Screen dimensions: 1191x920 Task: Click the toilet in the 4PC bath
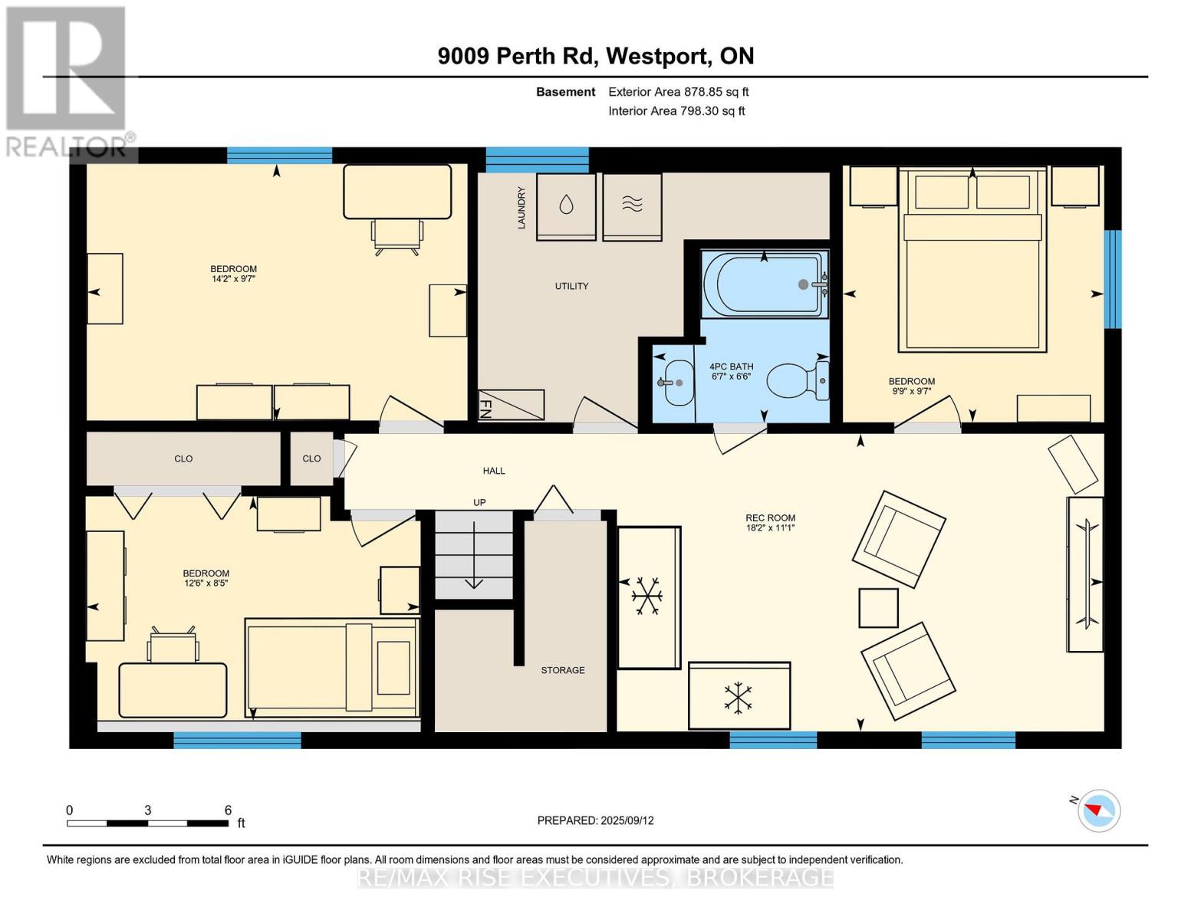(798, 380)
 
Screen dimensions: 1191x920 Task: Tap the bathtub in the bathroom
(765, 284)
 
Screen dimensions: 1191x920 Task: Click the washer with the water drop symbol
(566, 206)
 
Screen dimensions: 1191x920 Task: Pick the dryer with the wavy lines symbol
(632, 206)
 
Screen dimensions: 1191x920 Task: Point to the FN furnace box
(511, 405)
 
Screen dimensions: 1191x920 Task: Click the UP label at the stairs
(479, 502)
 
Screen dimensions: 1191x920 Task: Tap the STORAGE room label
(563, 670)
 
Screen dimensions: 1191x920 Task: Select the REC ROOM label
(770, 517)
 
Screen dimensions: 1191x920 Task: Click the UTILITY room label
(571, 286)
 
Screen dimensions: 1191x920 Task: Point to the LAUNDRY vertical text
(521, 208)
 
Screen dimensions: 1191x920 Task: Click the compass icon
(1099, 811)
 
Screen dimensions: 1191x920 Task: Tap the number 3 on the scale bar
(147, 810)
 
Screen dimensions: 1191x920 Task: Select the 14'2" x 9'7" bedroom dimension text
(233, 279)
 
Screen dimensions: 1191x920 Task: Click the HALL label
(494, 471)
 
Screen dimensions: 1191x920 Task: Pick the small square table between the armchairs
(879, 608)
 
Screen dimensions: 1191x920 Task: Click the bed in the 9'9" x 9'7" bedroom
(972, 260)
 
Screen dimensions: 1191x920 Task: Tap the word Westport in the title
(656, 56)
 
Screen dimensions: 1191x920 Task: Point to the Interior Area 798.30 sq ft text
(676, 110)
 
